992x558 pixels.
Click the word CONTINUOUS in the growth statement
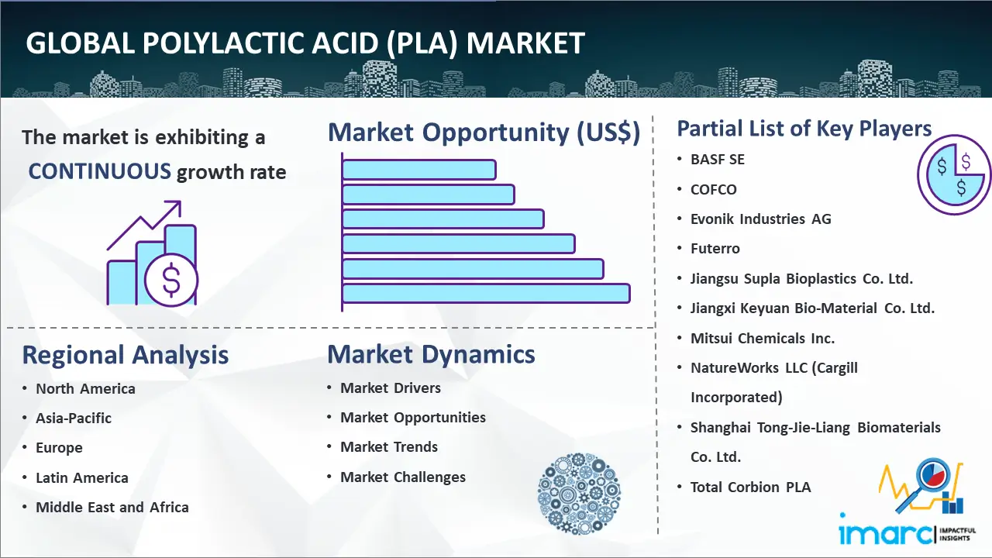point(100,171)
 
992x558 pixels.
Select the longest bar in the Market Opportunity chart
point(486,294)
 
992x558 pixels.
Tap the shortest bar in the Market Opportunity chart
point(419,170)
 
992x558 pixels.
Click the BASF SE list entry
point(718,160)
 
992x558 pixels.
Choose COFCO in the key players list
point(714,190)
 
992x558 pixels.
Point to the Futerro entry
point(715,249)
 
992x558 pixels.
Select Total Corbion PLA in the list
point(751,487)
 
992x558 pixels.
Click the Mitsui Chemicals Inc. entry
point(763,339)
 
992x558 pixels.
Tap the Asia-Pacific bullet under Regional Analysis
point(74,418)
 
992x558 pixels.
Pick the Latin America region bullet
point(82,478)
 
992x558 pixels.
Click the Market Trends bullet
point(389,447)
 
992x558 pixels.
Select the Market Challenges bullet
point(403,477)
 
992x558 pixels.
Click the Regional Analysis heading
point(126,355)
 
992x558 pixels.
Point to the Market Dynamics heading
point(431,354)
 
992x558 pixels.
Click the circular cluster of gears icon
point(579,494)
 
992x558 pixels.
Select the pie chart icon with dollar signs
point(954,175)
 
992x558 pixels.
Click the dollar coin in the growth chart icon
point(171,281)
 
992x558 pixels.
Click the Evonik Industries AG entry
point(761,219)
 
